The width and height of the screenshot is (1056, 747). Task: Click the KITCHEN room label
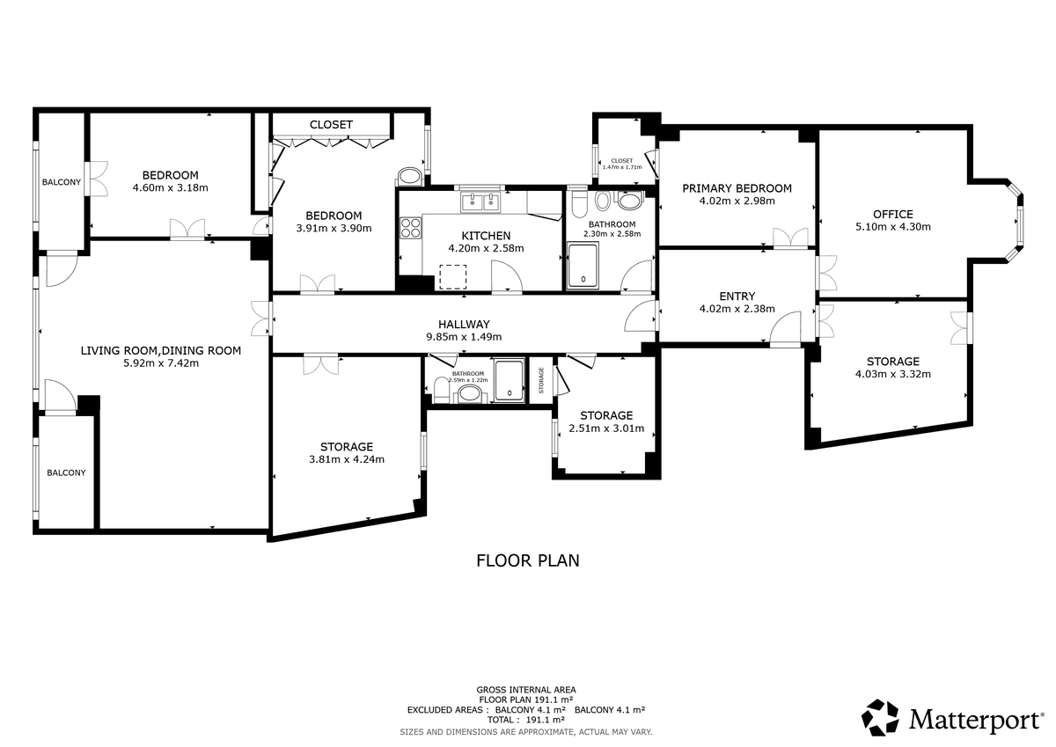click(486, 236)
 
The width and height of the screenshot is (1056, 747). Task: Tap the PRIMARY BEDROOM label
click(737, 188)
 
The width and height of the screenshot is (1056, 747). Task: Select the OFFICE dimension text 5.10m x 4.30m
click(893, 227)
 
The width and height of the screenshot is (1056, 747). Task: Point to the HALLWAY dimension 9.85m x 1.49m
click(464, 337)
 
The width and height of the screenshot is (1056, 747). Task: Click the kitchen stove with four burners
click(410, 228)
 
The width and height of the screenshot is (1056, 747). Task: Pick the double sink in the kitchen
click(480, 202)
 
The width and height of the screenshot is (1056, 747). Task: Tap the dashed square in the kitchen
click(453, 276)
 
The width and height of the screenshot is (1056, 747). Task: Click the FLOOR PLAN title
click(527, 560)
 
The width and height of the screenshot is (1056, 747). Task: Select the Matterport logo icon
click(880, 718)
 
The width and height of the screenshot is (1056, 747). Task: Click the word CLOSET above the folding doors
click(331, 124)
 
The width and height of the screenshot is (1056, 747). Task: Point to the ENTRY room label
click(737, 297)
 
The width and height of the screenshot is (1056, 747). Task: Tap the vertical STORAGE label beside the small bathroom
click(541, 380)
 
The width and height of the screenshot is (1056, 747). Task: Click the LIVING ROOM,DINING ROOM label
click(161, 351)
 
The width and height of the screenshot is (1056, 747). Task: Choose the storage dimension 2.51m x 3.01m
click(606, 428)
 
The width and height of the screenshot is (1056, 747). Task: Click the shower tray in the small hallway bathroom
click(510, 380)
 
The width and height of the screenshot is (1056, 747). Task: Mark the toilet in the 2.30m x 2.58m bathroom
click(578, 203)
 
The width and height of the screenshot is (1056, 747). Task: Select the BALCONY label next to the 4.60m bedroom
click(62, 182)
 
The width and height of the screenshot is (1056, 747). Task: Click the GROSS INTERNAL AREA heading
click(526, 690)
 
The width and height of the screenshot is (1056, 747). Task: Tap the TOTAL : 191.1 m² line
click(526, 720)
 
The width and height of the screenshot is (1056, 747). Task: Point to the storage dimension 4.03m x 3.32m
click(893, 374)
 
